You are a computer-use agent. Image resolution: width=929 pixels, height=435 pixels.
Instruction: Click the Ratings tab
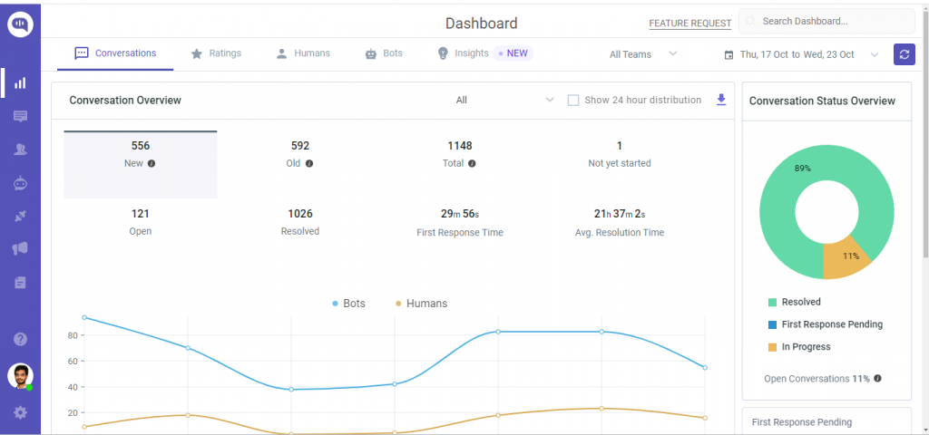click(x=216, y=53)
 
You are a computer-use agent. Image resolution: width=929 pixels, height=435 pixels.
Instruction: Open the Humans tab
click(x=303, y=53)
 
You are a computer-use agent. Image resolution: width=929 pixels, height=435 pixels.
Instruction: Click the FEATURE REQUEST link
click(x=689, y=24)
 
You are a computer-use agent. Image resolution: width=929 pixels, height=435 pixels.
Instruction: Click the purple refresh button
click(x=904, y=54)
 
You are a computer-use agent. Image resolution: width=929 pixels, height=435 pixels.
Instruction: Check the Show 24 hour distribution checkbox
click(x=573, y=101)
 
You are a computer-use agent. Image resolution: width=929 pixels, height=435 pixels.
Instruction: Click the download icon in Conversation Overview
click(x=721, y=100)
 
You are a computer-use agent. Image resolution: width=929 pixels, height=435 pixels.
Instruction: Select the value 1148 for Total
click(x=460, y=146)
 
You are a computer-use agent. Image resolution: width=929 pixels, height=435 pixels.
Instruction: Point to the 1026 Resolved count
click(x=300, y=214)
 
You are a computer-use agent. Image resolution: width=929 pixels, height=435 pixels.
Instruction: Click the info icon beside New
click(x=152, y=164)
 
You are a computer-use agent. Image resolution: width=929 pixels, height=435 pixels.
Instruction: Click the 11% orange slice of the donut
click(x=846, y=260)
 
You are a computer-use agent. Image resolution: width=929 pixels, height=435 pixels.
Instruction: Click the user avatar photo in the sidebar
click(x=20, y=376)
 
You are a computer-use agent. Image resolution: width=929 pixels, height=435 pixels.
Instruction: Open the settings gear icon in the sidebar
click(x=20, y=412)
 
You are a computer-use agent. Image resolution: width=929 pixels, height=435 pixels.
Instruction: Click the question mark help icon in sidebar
click(x=20, y=339)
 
